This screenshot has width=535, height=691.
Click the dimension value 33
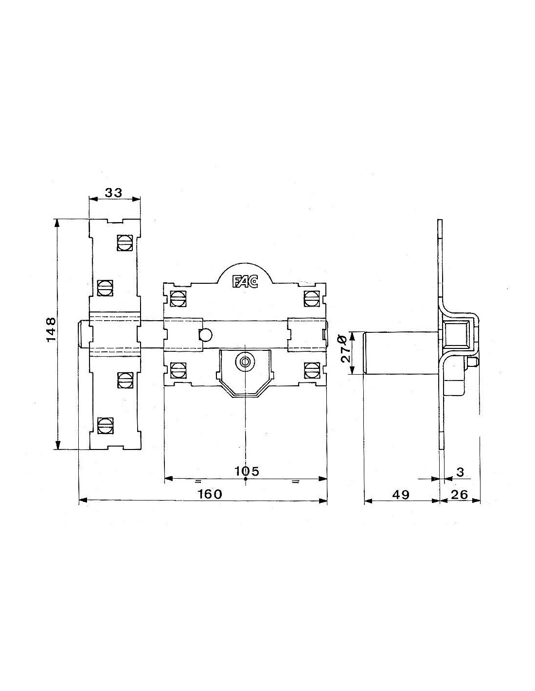click(113, 193)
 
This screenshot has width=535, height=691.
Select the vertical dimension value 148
click(51, 329)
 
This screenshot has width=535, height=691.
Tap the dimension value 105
click(247, 471)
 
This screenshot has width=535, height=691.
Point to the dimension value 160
click(210, 494)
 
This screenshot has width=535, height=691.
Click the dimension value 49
click(401, 495)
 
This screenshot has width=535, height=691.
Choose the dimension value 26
click(460, 495)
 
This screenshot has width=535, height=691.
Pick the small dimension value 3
click(460, 472)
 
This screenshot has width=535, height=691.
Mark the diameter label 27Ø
click(345, 348)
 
